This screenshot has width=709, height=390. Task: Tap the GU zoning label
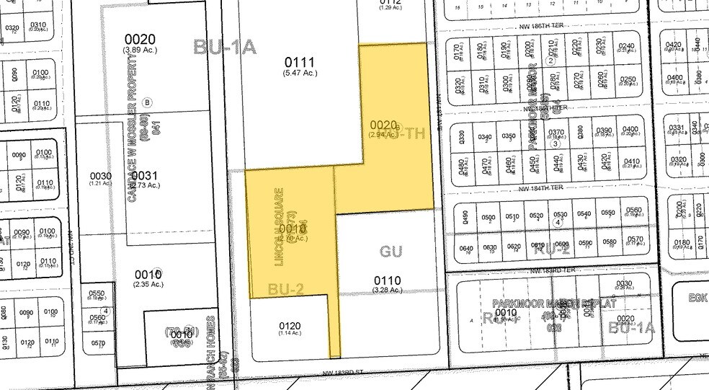click(x=391, y=251)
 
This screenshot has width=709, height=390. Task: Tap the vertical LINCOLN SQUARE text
click(x=280, y=229)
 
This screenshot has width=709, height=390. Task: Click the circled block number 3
click(x=555, y=143)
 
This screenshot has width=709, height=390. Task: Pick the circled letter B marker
click(x=148, y=102)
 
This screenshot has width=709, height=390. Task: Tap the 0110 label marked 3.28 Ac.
click(x=387, y=280)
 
